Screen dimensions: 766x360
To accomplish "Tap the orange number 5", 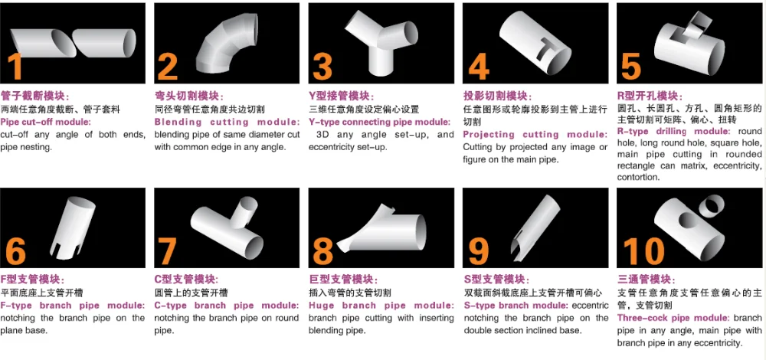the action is (630, 66).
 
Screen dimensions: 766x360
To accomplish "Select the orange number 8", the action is (323, 251).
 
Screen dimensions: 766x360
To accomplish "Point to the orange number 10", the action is (644, 251).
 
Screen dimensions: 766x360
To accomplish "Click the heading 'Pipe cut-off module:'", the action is (45, 122).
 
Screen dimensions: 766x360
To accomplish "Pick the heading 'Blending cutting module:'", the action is (228, 122).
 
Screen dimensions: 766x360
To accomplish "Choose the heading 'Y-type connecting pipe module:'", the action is (380, 122).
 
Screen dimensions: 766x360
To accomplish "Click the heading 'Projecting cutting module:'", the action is (535, 134).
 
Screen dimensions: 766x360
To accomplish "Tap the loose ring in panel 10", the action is (712, 205).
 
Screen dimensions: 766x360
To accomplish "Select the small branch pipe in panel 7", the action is (243, 211).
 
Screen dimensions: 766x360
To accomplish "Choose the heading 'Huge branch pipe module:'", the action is (381, 306).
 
